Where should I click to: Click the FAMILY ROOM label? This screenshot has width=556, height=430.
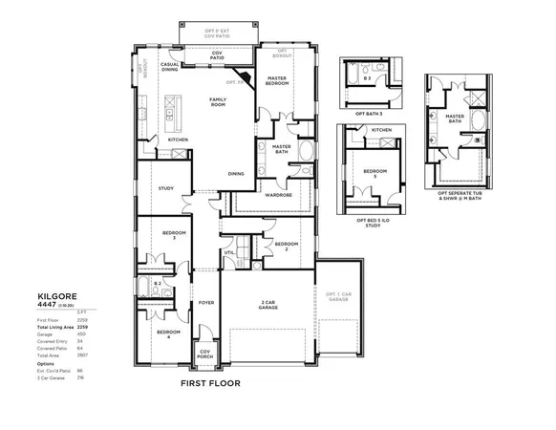coord(224,102)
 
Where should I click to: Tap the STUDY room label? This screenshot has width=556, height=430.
coord(164,188)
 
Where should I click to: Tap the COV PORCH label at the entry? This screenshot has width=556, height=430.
coord(204,353)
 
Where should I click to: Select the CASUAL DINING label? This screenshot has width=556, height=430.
coord(170,67)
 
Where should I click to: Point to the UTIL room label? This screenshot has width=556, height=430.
coord(229,253)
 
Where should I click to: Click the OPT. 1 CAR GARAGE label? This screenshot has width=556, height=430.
coord(338,297)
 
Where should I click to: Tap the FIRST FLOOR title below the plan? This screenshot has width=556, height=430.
coord(211,384)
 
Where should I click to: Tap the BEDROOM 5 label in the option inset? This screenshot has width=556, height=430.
coord(374,173)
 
